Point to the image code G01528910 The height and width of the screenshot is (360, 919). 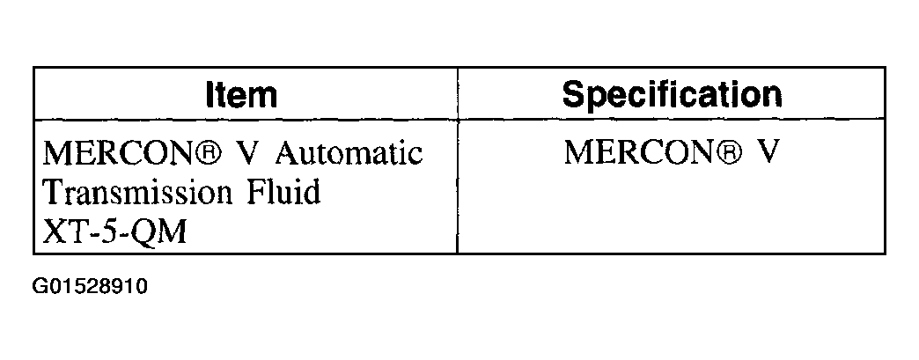click(89, 288)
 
